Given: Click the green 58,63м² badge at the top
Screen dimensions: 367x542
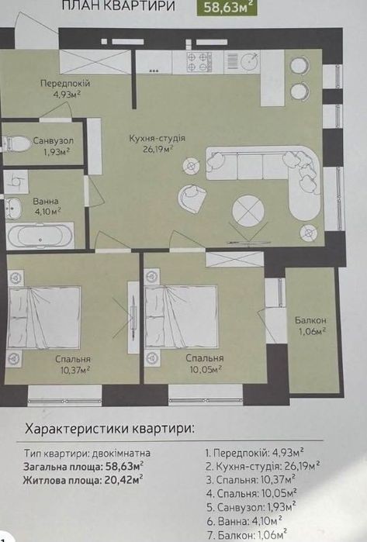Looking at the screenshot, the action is pyautogui.click(x=227, y=7).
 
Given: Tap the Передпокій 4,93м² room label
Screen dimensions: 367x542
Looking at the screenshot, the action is pyautogui.click(x=65, y=88).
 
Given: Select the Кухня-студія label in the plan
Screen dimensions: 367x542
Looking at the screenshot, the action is pyautogui.click(x=158, y=138).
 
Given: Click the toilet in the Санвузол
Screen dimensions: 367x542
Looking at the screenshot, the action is pyautogui.click(x=17, y=143).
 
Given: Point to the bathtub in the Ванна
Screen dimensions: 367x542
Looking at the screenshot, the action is pyautogui.click(x=40, y=236).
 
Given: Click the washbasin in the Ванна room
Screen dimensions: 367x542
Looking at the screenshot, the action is pyautogui.click(x=12, y=208).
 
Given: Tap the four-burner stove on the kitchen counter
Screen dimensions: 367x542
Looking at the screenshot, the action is pyautogui.click(x=199, y=62).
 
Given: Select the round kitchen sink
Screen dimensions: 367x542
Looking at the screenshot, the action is pyautogui.click(x=249, y=61).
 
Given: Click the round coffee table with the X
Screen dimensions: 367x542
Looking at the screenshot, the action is pyautogui.click(x=248, y=211).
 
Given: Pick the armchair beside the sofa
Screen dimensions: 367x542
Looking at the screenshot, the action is pyautogui.click(x=192, y=197).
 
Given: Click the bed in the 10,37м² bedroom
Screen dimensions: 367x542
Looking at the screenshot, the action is pyautogui.click(x=43, y=317).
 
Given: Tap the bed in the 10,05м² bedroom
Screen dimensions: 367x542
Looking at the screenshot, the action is pyautogui.click(x=182, y=316).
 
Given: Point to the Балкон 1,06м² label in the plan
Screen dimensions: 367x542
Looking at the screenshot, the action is pyautogui.click(x=310, y=326).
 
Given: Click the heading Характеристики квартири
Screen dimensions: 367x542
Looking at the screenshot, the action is pyautogui.click(x=110, y=429).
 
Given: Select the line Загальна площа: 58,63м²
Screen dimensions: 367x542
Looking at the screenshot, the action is pyautogui.click(x=83, y=467).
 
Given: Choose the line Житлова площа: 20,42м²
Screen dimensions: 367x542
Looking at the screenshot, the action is pyautogui.click(x=83, y=480).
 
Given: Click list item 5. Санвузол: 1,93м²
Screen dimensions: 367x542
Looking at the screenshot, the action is pyautogui.click(x=251, y=507).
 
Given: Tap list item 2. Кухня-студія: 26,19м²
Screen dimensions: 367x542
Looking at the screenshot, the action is pyautogui.click(x=262, y=466).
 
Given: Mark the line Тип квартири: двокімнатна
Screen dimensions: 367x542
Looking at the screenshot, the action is pyautogui.click(x=87, y=453).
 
